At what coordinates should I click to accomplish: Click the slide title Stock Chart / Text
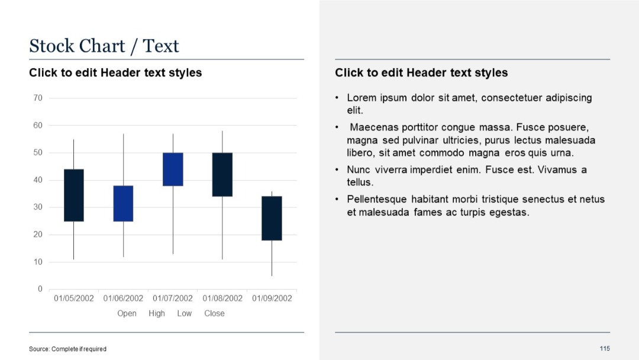(104, 46)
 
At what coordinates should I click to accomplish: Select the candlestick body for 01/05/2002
(74, 195)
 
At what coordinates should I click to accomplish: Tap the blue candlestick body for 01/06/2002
(123, 203)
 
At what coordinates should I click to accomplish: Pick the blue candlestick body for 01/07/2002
(173, 169)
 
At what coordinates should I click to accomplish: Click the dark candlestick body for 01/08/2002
(222, 174)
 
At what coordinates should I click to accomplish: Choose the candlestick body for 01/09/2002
(272, 218)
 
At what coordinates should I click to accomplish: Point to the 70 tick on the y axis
(38, 98)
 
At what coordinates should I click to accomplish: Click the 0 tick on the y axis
(40, 289)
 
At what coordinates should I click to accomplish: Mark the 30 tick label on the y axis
(38, 207)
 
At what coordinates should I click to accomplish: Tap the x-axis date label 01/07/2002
(173, 298)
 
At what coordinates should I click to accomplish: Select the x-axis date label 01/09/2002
(272, 298)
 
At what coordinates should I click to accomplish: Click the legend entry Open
(127, 313)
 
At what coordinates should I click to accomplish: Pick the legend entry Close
(214, 313)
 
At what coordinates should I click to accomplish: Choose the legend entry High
(157, 313)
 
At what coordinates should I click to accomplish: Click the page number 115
(604, 348)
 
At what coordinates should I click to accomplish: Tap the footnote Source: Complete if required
(68, 349)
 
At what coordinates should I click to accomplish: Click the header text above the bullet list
(421, 73)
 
